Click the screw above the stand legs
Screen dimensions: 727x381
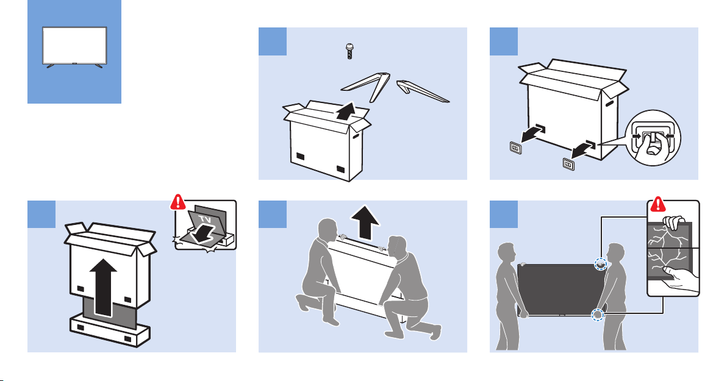(349, 51)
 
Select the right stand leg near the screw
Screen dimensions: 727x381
(422, 91)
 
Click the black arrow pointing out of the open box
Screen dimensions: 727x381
(345, 111)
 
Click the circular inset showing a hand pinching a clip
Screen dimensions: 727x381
(653, 138)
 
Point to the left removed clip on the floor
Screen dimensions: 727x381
(515, 148)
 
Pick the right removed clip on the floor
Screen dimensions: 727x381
(568, 164)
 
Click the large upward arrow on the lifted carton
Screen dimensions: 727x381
(104, 287)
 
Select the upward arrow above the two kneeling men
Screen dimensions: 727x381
(365, 222)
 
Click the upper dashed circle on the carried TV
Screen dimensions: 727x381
(601, 264)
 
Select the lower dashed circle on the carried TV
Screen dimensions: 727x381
(598, 315)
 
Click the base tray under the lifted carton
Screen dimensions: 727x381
(110, 329)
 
